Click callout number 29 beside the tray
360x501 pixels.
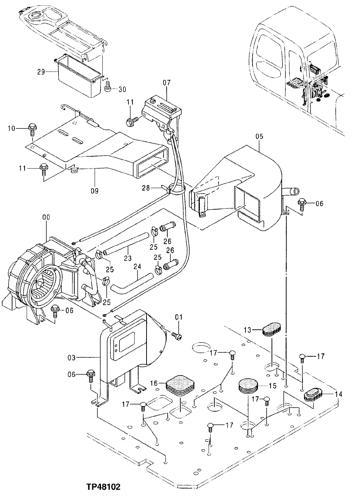tap(41, 72)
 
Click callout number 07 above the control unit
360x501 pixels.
tap(166, 83)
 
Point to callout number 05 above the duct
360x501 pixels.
tap(259, 136)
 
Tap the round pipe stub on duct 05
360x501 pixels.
tap(292, 191)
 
